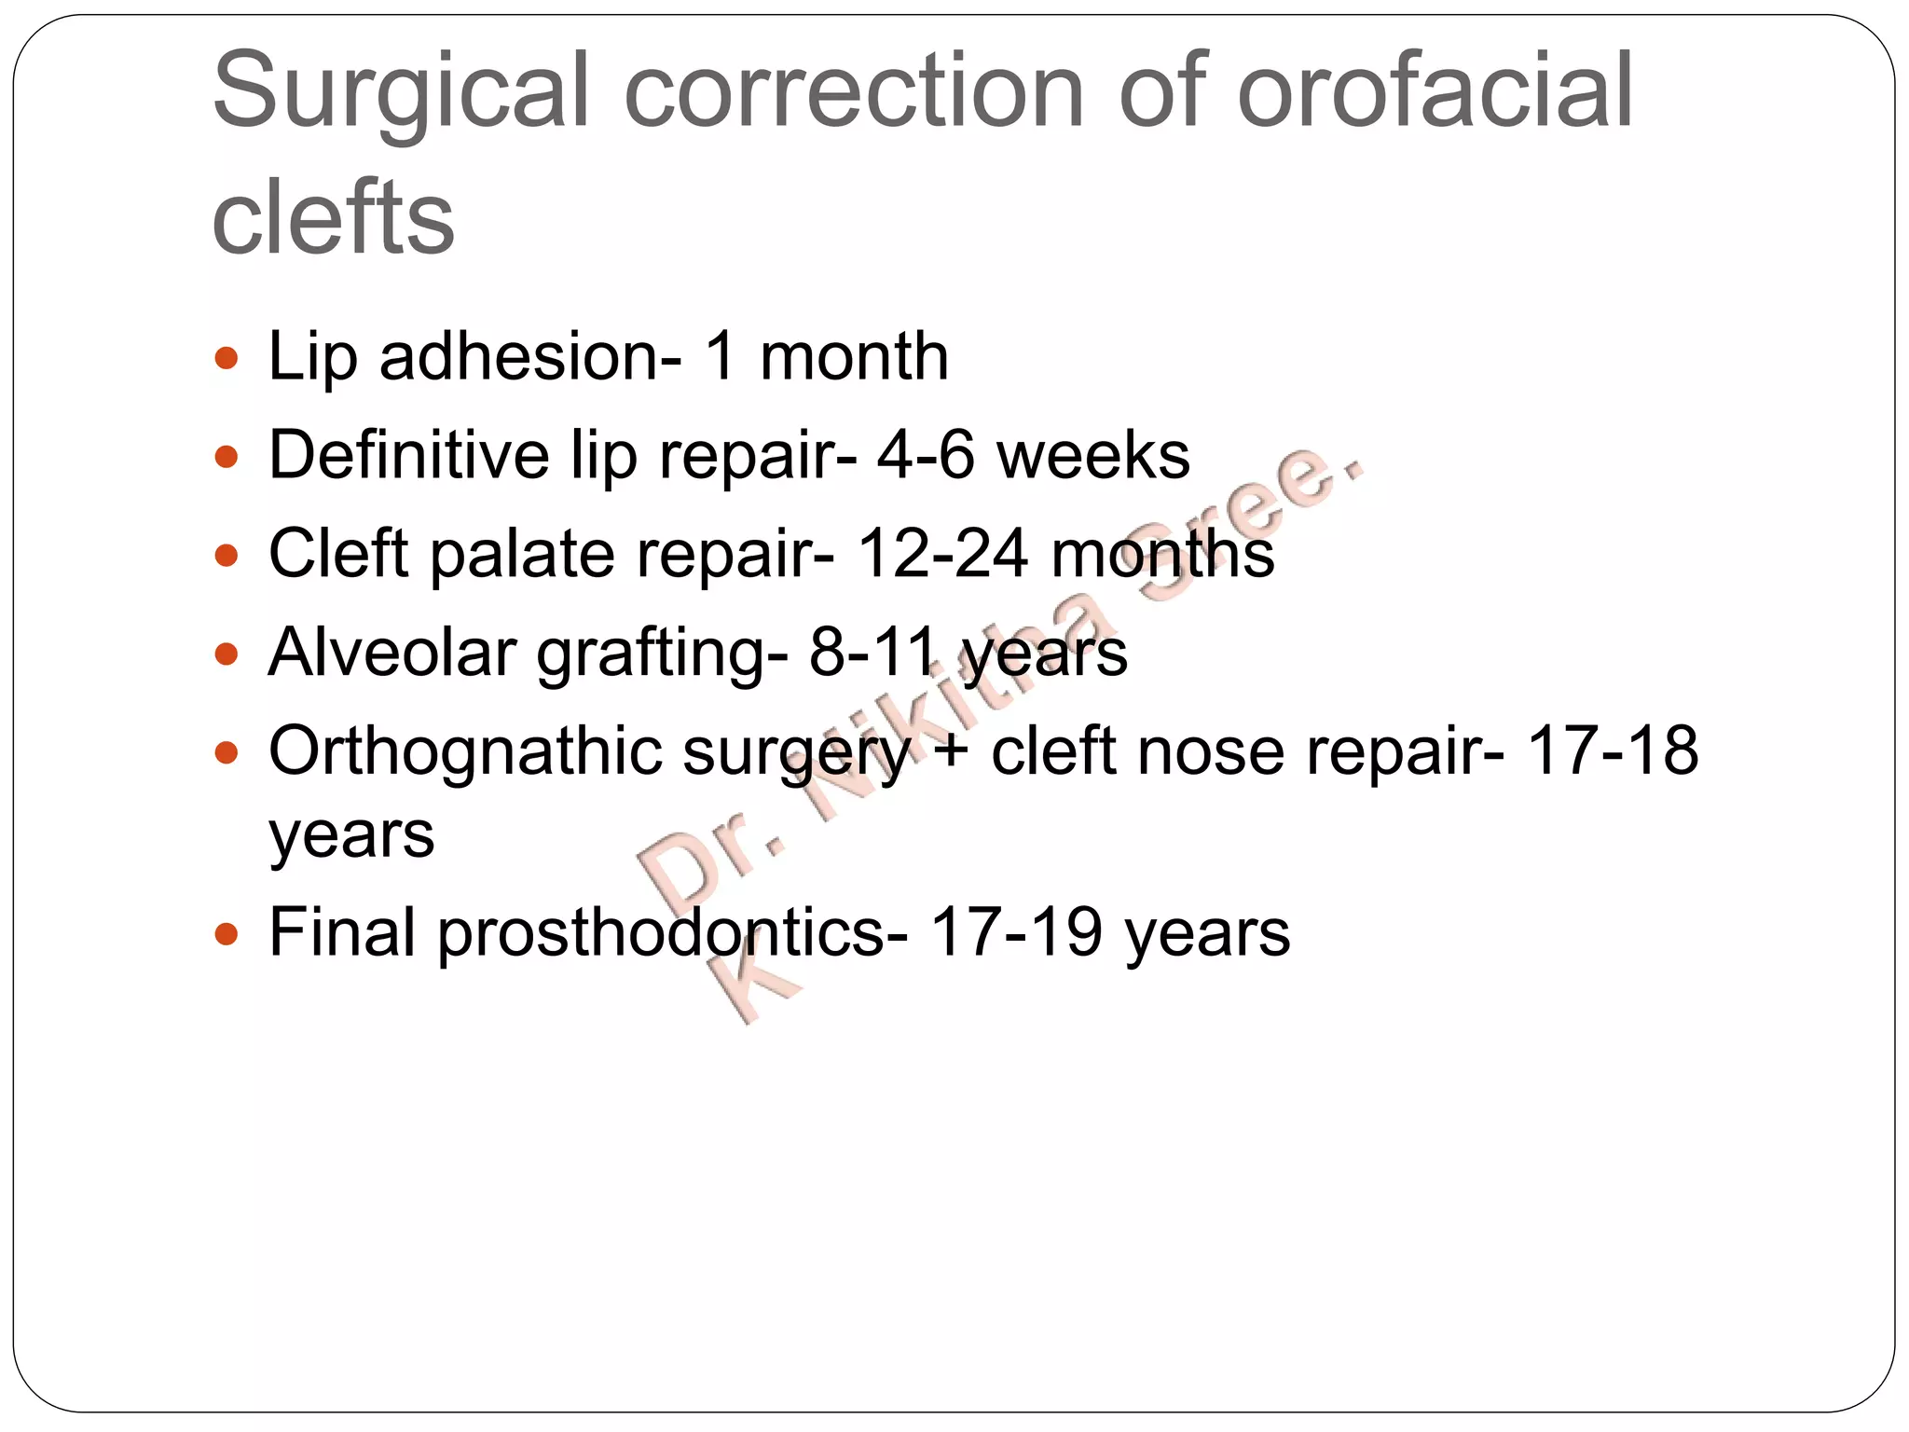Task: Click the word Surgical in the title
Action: (401, 93)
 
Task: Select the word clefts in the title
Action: (333, 218)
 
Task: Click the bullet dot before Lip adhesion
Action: (226, 358)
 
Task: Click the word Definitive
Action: (408, 456)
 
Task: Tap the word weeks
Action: (1092, 456)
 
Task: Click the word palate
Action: (522, 555)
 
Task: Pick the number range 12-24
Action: (942, 555)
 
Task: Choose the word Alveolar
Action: (391, 653)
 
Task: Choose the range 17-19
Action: (1017, 933)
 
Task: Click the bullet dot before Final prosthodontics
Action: (226, 933)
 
